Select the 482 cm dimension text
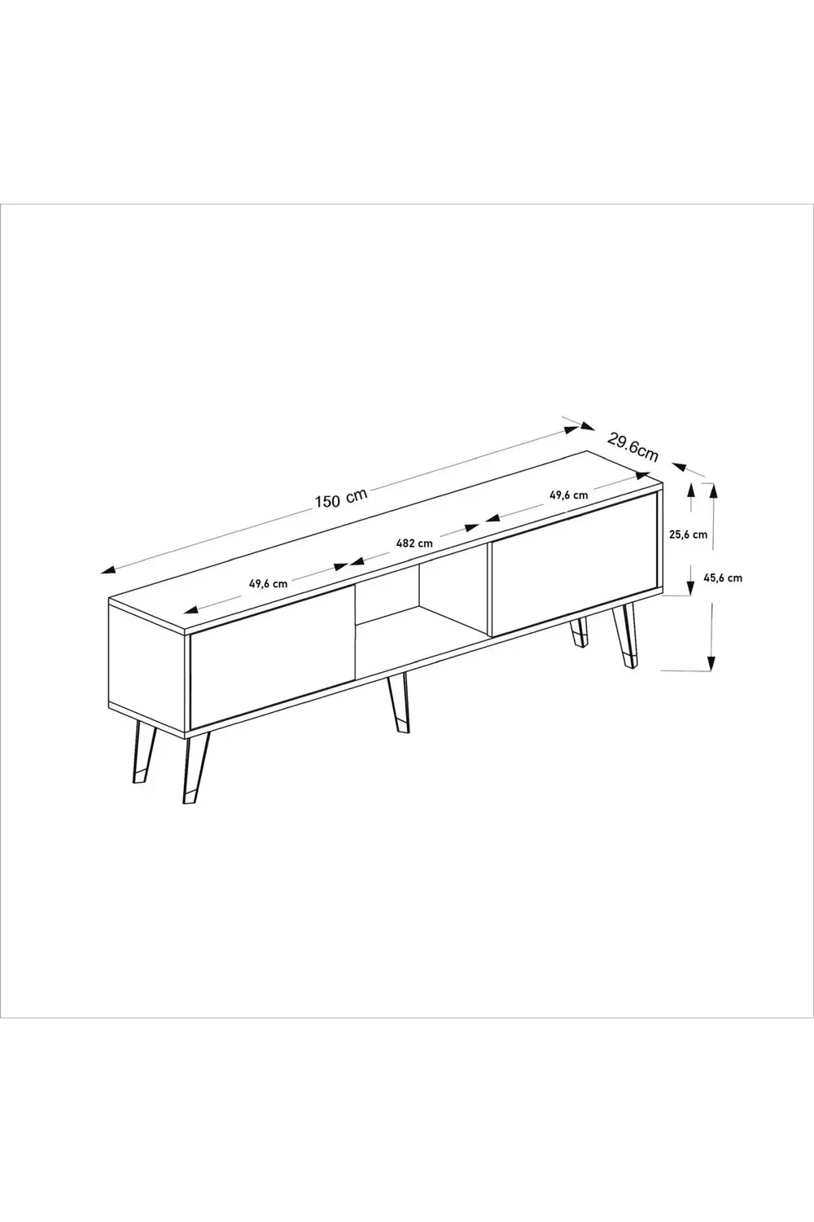click(x=414, y=543)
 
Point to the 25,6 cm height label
click(x=688, y=535)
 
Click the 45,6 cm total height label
click(x=723, y=578)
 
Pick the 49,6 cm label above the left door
click(x=268, y=583)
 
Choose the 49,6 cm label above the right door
click(x=568, y=495)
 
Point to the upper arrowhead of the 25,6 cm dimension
click(x=692, y=489)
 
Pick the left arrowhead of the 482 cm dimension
click(x=356, y=561)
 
